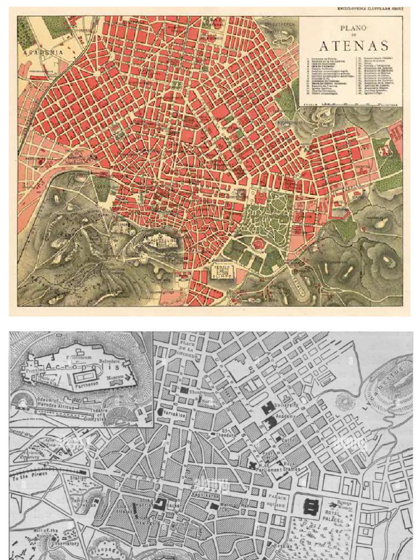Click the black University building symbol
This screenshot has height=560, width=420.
coord(269,408)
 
